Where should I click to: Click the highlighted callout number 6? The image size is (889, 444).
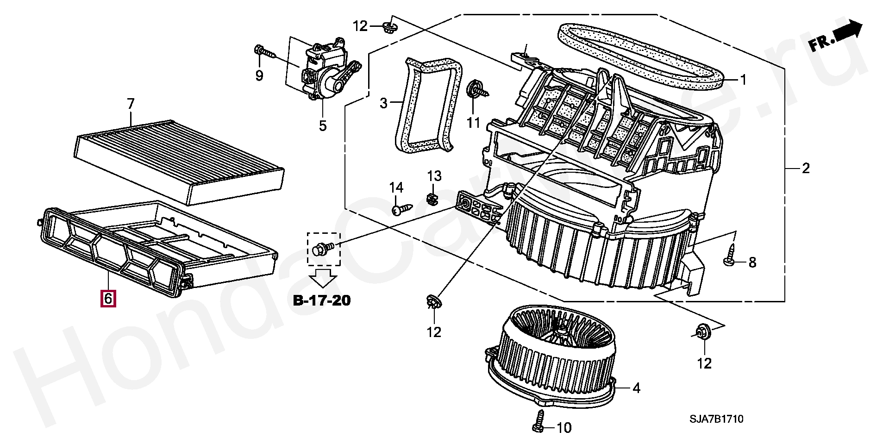pos(108,298)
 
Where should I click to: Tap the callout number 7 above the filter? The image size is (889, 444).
pos(131,104)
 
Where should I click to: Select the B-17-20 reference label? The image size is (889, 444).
pos(322,300)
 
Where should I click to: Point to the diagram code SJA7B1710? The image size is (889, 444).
pos(716,419)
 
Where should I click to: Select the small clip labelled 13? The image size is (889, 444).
pos(432,199)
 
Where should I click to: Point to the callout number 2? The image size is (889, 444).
pos(806,169)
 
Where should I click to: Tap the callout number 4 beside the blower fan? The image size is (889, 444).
pos(636,388)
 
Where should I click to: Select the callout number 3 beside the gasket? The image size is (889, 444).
pos(383,103)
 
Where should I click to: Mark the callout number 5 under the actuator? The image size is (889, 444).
pos(323,125)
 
